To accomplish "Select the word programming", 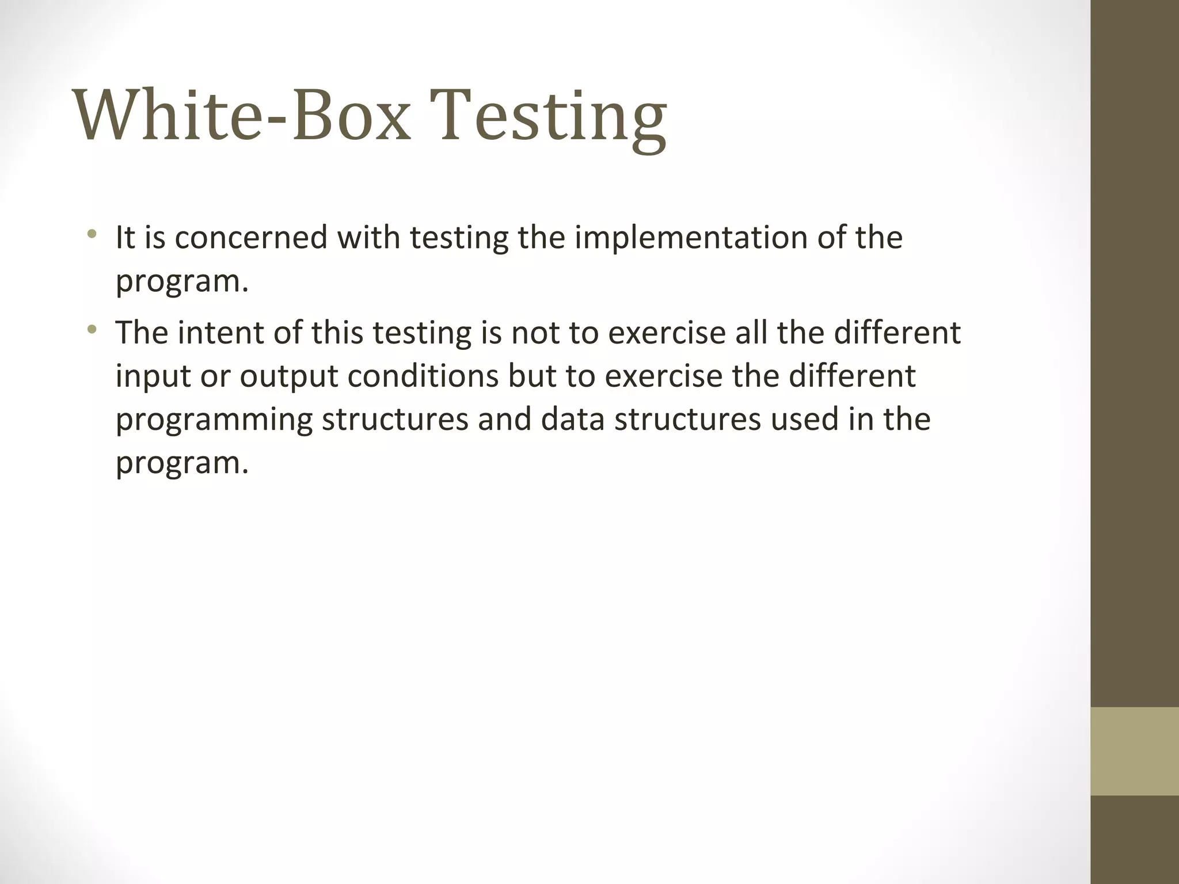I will click(214, 420).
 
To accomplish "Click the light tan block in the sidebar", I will click(1134, 751).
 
